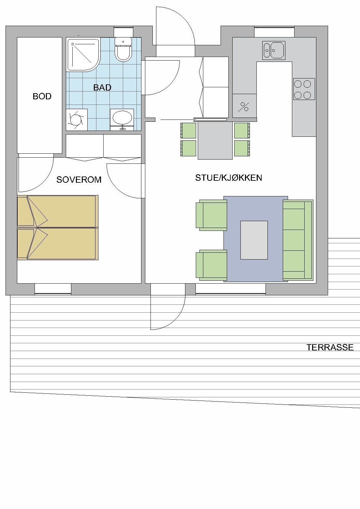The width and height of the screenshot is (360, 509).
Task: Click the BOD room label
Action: (42, 96)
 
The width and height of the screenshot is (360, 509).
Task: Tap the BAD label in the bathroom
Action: (102, 88)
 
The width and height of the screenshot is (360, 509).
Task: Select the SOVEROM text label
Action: (79, 180)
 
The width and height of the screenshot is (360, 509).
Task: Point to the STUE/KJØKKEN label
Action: (228, 178)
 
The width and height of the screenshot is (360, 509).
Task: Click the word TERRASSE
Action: (330, 347)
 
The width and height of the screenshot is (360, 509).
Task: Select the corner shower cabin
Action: (83, 54)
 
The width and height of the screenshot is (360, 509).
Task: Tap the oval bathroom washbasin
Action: (122, 118)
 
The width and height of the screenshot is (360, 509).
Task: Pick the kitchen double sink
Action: (274, 50)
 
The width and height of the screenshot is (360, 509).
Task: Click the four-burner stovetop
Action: (304, 89)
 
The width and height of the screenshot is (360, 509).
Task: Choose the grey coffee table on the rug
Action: (254, 240)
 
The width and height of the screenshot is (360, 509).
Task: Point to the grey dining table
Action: (215, 141)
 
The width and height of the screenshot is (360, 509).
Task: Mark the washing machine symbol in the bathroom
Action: (77, 120)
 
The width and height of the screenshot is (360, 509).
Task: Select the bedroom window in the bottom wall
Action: (53, 289)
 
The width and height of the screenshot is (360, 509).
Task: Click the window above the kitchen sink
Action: (274, 32)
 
